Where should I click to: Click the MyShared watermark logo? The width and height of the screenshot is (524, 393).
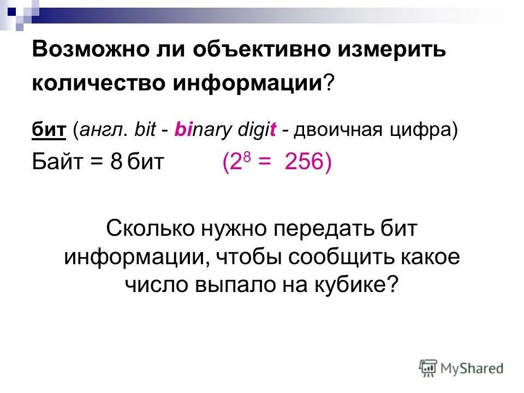(x=461, y=368)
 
